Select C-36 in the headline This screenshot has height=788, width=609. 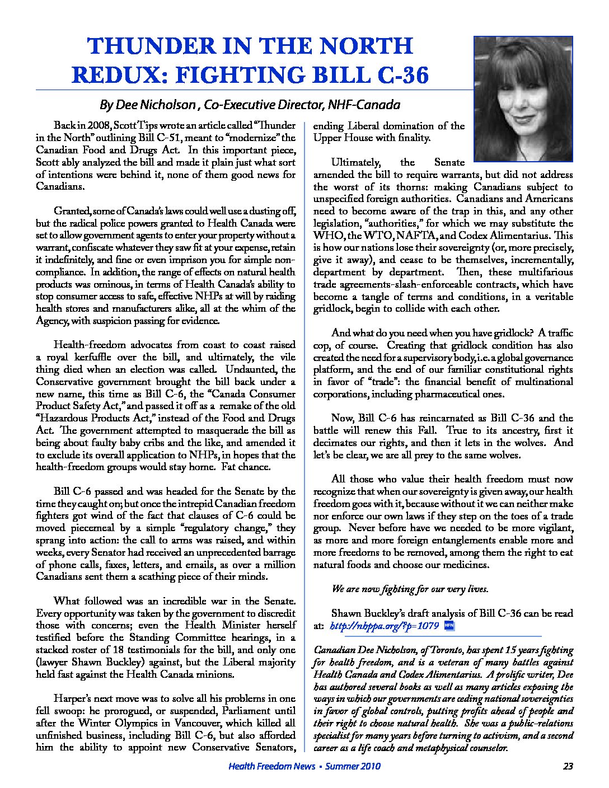tap(397, 75)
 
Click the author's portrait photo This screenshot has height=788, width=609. tap(523, 99)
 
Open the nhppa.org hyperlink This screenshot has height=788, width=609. tap(384, 626)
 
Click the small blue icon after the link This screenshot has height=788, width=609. tap(448, 625)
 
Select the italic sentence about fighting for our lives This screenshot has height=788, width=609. tap(410, 589)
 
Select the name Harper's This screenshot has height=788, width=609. tap(72, 698)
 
